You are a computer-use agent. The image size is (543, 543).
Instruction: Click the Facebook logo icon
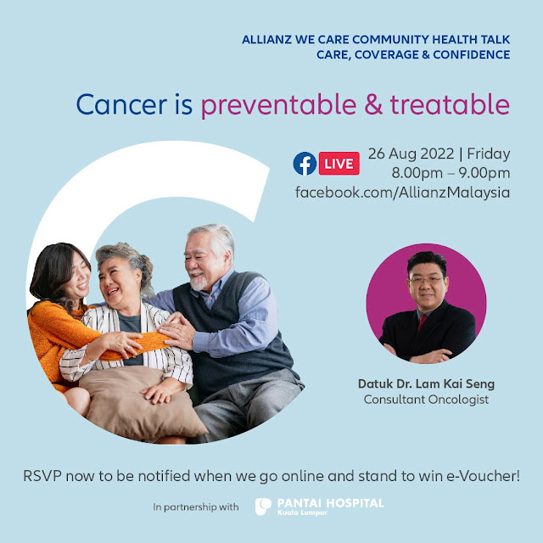pyautogui.click(x=305, y=164)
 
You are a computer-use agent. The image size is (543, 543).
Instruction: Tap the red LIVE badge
pyautogui.click(x=339, y=164)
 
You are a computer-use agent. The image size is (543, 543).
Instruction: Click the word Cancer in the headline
pyautogui.click(x=121, y=104)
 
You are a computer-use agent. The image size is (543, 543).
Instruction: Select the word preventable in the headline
pyautogui.click(x=279, y=104)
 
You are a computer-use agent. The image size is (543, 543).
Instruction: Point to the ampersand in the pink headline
pyautogui.click(x=373, y=104)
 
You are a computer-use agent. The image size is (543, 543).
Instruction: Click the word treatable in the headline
pyautogui.click(x=450, y=104)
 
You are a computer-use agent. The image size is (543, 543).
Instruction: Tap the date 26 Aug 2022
pyautogui.click(x=411, y=154)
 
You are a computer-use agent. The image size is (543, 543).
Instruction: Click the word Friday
pyautogui.click(x=489, y=154)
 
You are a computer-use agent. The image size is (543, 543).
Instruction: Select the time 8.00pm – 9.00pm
pyautogui.click(x=451, y=173)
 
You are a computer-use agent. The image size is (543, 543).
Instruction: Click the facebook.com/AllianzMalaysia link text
pyautogui.click(x=402, y=193)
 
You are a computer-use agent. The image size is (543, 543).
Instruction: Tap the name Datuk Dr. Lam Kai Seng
pyautogui.click(x=426, y=383)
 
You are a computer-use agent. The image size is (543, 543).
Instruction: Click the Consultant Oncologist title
pyautogui.click(x=426, y=400)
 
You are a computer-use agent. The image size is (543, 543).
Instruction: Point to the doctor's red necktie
pyautogui.click(x=422, y=322)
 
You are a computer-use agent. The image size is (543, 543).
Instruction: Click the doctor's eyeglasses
pyautogui.click(x=426, y=280)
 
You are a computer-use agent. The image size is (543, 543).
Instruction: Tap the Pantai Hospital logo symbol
pyautogui.click(x=263, y=507)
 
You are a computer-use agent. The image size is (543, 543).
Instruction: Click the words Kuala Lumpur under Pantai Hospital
pyautogui.click(x=302, y=512)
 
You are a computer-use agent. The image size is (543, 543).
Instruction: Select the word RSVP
pyautogui.click(x=42, y=476)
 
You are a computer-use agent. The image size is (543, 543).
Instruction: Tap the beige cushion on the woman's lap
pyautogui.click(x=142, y=401)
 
